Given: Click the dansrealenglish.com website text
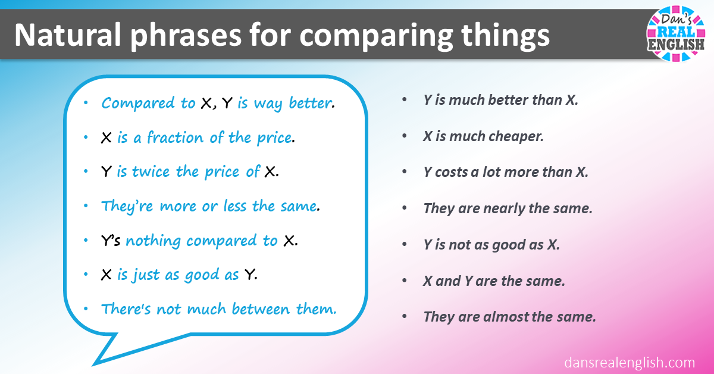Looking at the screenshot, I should [629, 362].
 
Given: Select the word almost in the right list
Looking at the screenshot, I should [503, 317].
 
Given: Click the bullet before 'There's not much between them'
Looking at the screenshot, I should [87, 308].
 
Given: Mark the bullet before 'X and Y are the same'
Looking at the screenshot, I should [405, 281].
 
